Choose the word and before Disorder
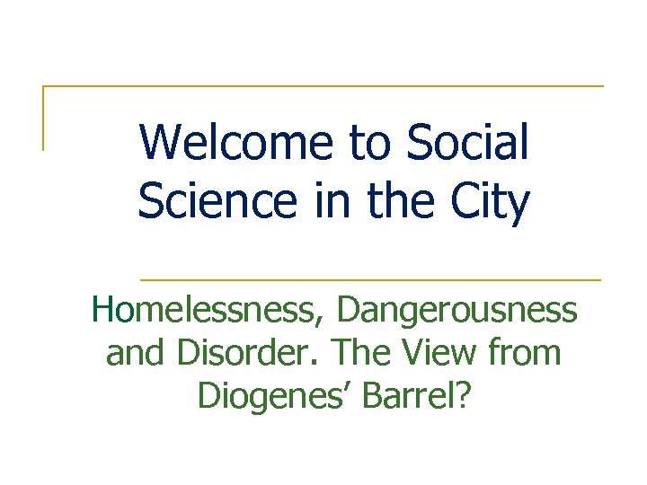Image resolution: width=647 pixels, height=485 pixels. [x=136, y=353]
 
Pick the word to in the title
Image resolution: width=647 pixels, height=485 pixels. [x=369, y=143]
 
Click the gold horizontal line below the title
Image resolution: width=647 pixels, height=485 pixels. [x=370, y=279]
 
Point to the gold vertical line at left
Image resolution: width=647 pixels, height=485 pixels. [x=43, y=118]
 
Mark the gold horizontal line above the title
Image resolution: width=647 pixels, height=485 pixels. [x=323, y=86]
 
